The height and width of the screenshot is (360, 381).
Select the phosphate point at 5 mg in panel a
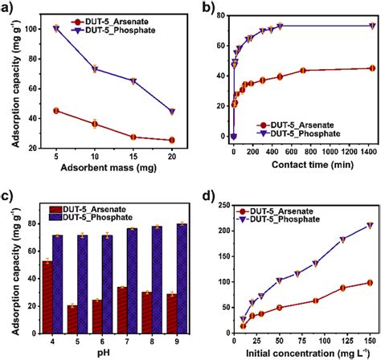55,28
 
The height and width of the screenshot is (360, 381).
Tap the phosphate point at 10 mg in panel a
95,69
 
